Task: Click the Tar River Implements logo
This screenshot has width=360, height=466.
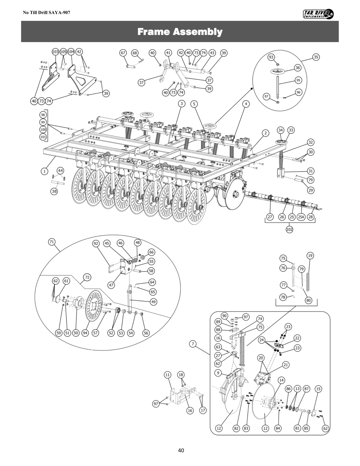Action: click(x=318, y=14)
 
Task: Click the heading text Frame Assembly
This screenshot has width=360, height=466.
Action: click(x=180, y=32)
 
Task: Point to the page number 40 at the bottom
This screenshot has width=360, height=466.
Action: click(x=181, y=450)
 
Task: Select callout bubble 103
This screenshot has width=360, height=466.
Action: click(x=55, y=52)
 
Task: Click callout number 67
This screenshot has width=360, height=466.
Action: click(x=123, y=53)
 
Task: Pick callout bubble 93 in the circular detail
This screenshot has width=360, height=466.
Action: click(x=271, y=57)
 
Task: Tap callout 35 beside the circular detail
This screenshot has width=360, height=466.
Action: click(x=316, y=57)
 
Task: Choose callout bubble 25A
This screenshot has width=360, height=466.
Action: click(x=301, y=217)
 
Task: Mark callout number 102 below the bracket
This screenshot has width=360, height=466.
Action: click(x=289, y=229)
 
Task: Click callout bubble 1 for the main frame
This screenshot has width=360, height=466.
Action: click(x=44, y=171)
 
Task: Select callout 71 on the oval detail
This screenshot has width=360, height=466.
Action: click(x=52, y=242)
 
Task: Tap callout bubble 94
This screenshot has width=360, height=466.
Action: click(x=85, y=333)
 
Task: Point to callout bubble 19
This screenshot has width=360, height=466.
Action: click(x=310, y=256)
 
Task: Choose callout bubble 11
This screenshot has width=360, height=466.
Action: click(x=167, y=375)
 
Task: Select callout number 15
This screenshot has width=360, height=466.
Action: click(x=319, y=389)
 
